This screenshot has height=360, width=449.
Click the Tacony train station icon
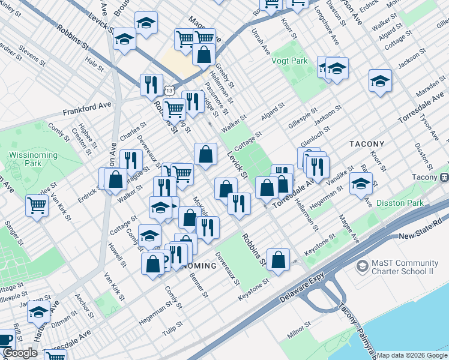[445, 177]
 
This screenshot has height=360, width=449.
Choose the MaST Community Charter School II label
[405, 267]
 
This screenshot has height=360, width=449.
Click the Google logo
[20, 353]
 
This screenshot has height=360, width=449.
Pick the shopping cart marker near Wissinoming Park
[37, 206]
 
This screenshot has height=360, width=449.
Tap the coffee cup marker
[5, 339]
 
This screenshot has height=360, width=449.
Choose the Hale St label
[94, 62]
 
